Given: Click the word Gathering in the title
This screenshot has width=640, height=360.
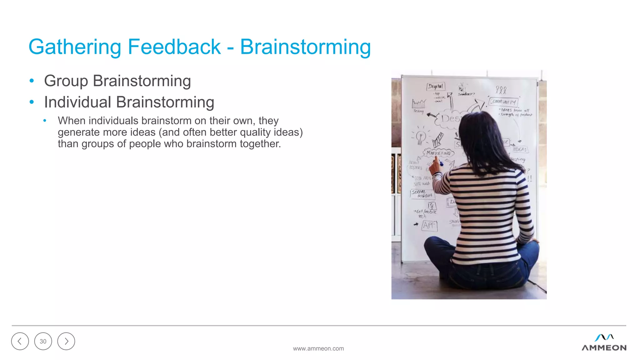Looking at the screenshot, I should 74,47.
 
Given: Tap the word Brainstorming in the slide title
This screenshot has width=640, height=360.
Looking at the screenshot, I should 305,47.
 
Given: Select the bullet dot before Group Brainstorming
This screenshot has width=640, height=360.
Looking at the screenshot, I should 32,81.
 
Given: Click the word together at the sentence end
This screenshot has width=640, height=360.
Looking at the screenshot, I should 260,144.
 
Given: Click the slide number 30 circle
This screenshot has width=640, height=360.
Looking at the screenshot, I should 43,341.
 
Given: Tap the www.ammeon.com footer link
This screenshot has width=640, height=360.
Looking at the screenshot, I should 318,348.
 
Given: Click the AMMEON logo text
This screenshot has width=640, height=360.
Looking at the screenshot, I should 604,348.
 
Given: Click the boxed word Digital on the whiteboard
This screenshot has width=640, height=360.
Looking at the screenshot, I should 436,86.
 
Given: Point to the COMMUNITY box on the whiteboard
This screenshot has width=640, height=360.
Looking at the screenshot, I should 503,102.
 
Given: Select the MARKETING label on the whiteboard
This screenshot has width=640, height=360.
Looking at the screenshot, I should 438,153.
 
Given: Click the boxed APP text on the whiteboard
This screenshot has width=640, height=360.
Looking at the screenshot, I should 429,225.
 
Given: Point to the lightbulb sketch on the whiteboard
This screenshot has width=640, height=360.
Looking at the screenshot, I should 421,137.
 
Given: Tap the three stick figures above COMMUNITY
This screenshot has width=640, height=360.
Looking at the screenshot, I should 501,90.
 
